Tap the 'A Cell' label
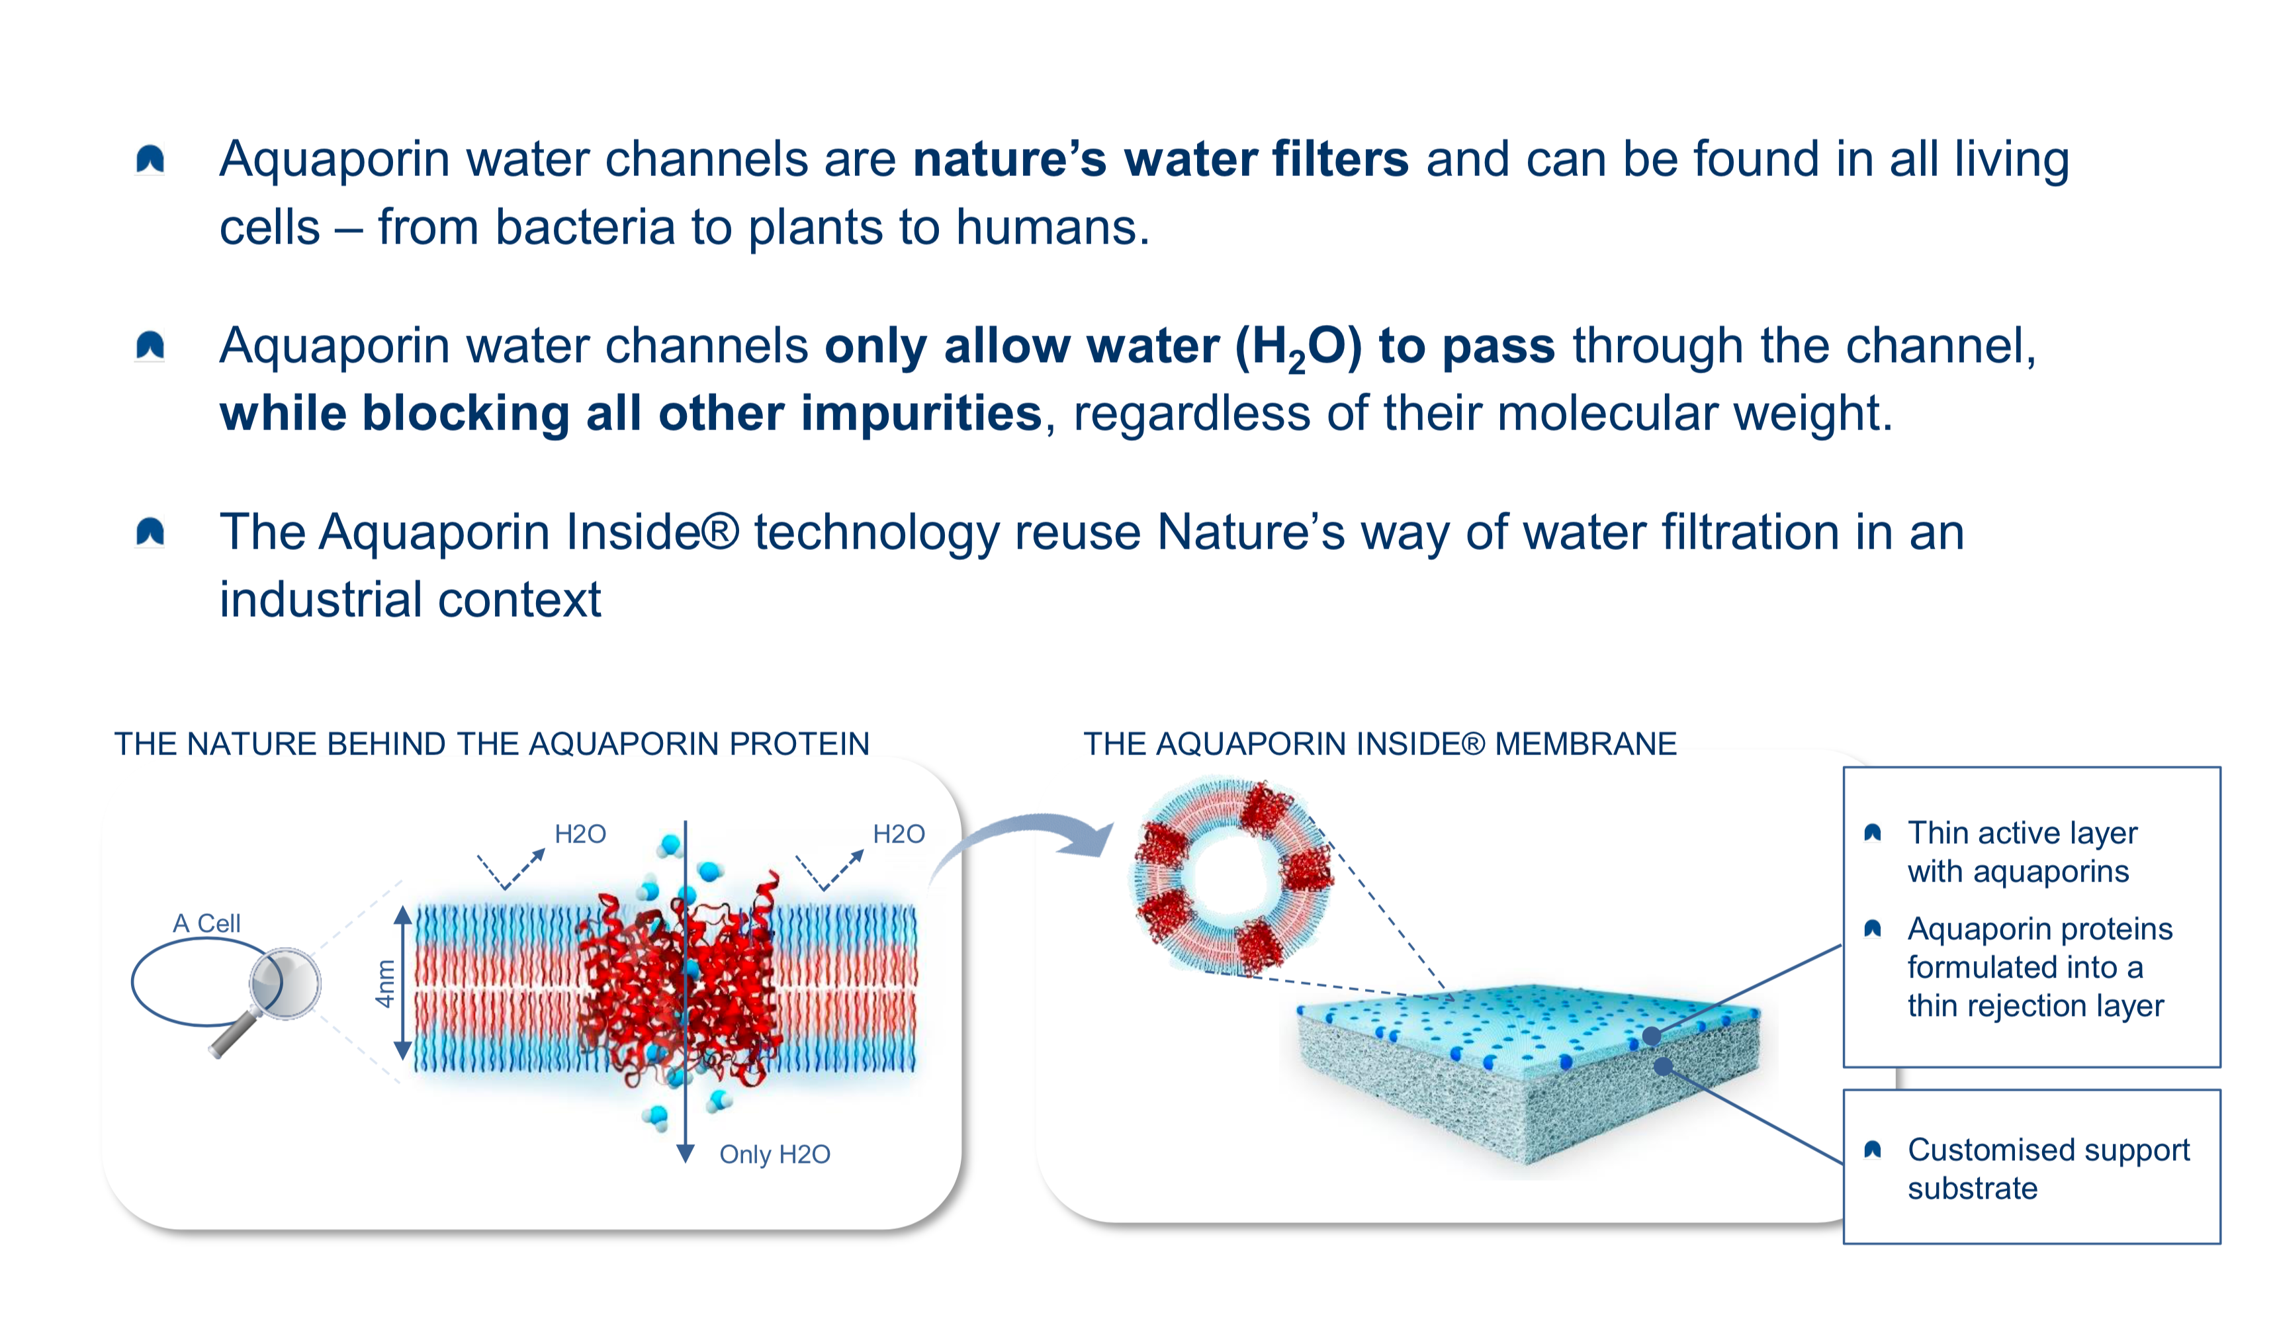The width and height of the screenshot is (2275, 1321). coord(206,923)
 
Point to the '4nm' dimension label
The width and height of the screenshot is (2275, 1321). coord(386,983)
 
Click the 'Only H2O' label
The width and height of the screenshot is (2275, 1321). coord(775,1154)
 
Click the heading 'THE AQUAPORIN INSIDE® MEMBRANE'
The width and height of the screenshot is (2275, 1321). coord(1380,743)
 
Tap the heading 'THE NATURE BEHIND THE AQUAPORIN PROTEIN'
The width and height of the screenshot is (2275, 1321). coord(492,743)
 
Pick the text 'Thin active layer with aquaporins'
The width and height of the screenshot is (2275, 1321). coord(2022,852)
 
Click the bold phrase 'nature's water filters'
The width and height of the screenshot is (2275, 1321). coord(1160,159)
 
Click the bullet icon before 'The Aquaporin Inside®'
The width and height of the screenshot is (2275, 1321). coord(150,532)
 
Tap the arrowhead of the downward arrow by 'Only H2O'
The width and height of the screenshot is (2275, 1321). coord(685,1153)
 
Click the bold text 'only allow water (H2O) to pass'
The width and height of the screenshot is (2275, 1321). coord(1190,347)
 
